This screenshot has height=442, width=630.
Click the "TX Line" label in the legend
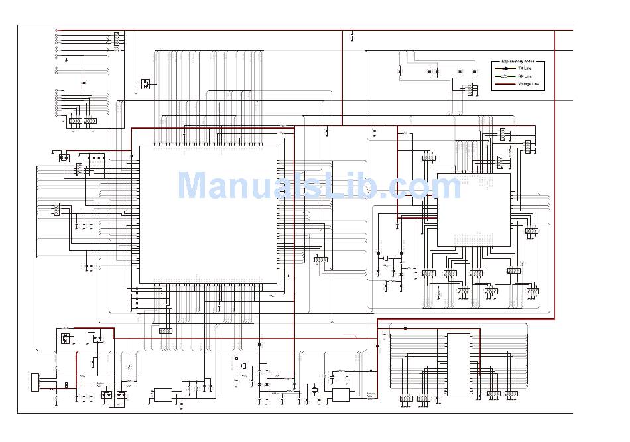point(525,68)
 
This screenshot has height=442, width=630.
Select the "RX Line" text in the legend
point(525,76)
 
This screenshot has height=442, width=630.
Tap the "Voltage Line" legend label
point(529,84)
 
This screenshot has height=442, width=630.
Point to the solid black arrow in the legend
point(505,68)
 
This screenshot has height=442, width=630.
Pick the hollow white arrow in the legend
point(505,76)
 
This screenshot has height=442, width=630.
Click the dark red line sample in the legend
point(505,84)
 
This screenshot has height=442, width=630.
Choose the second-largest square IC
point(473,209)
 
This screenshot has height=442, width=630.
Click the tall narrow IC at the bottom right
point(458,364)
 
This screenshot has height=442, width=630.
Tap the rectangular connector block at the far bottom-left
point(35,382)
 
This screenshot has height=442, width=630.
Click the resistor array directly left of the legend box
point(470,89)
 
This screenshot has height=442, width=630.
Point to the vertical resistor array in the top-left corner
point(117,39)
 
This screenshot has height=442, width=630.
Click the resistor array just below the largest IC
point(166,331)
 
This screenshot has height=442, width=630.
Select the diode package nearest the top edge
point(145,84)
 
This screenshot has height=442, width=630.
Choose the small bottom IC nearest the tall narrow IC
point(341,395)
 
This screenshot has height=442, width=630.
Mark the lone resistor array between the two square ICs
point(321,260)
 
